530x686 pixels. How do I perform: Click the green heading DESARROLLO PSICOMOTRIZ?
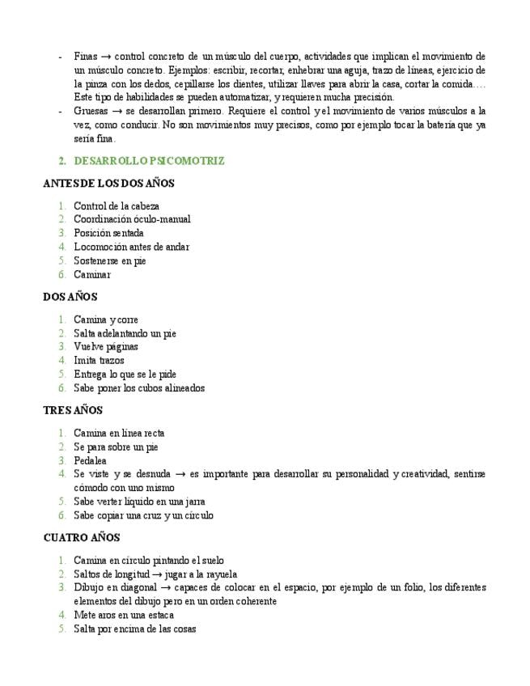point(149,161)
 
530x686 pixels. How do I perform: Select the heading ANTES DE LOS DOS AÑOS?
point(108,184)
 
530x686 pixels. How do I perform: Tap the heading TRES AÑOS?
point(73,411)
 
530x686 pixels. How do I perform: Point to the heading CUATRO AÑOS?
point(81,538)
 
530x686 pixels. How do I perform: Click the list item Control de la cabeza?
point(117,205)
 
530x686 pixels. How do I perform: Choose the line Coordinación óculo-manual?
point(132,219)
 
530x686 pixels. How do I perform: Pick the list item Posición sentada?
point(108,233)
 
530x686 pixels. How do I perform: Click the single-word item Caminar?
point(92,274)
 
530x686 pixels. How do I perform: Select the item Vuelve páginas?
point(106,347)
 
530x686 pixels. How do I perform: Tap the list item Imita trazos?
point(99,361)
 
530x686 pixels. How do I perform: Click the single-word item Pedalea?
point(90,460)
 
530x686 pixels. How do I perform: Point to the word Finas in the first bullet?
point(85,57)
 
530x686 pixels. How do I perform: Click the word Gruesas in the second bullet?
point(90,111)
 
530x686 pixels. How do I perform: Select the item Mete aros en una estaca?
point(124,615)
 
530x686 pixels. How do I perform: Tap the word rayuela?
point(219,574)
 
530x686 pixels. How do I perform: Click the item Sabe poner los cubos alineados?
point(139,388)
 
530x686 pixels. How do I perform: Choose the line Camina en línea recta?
point(119,434)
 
